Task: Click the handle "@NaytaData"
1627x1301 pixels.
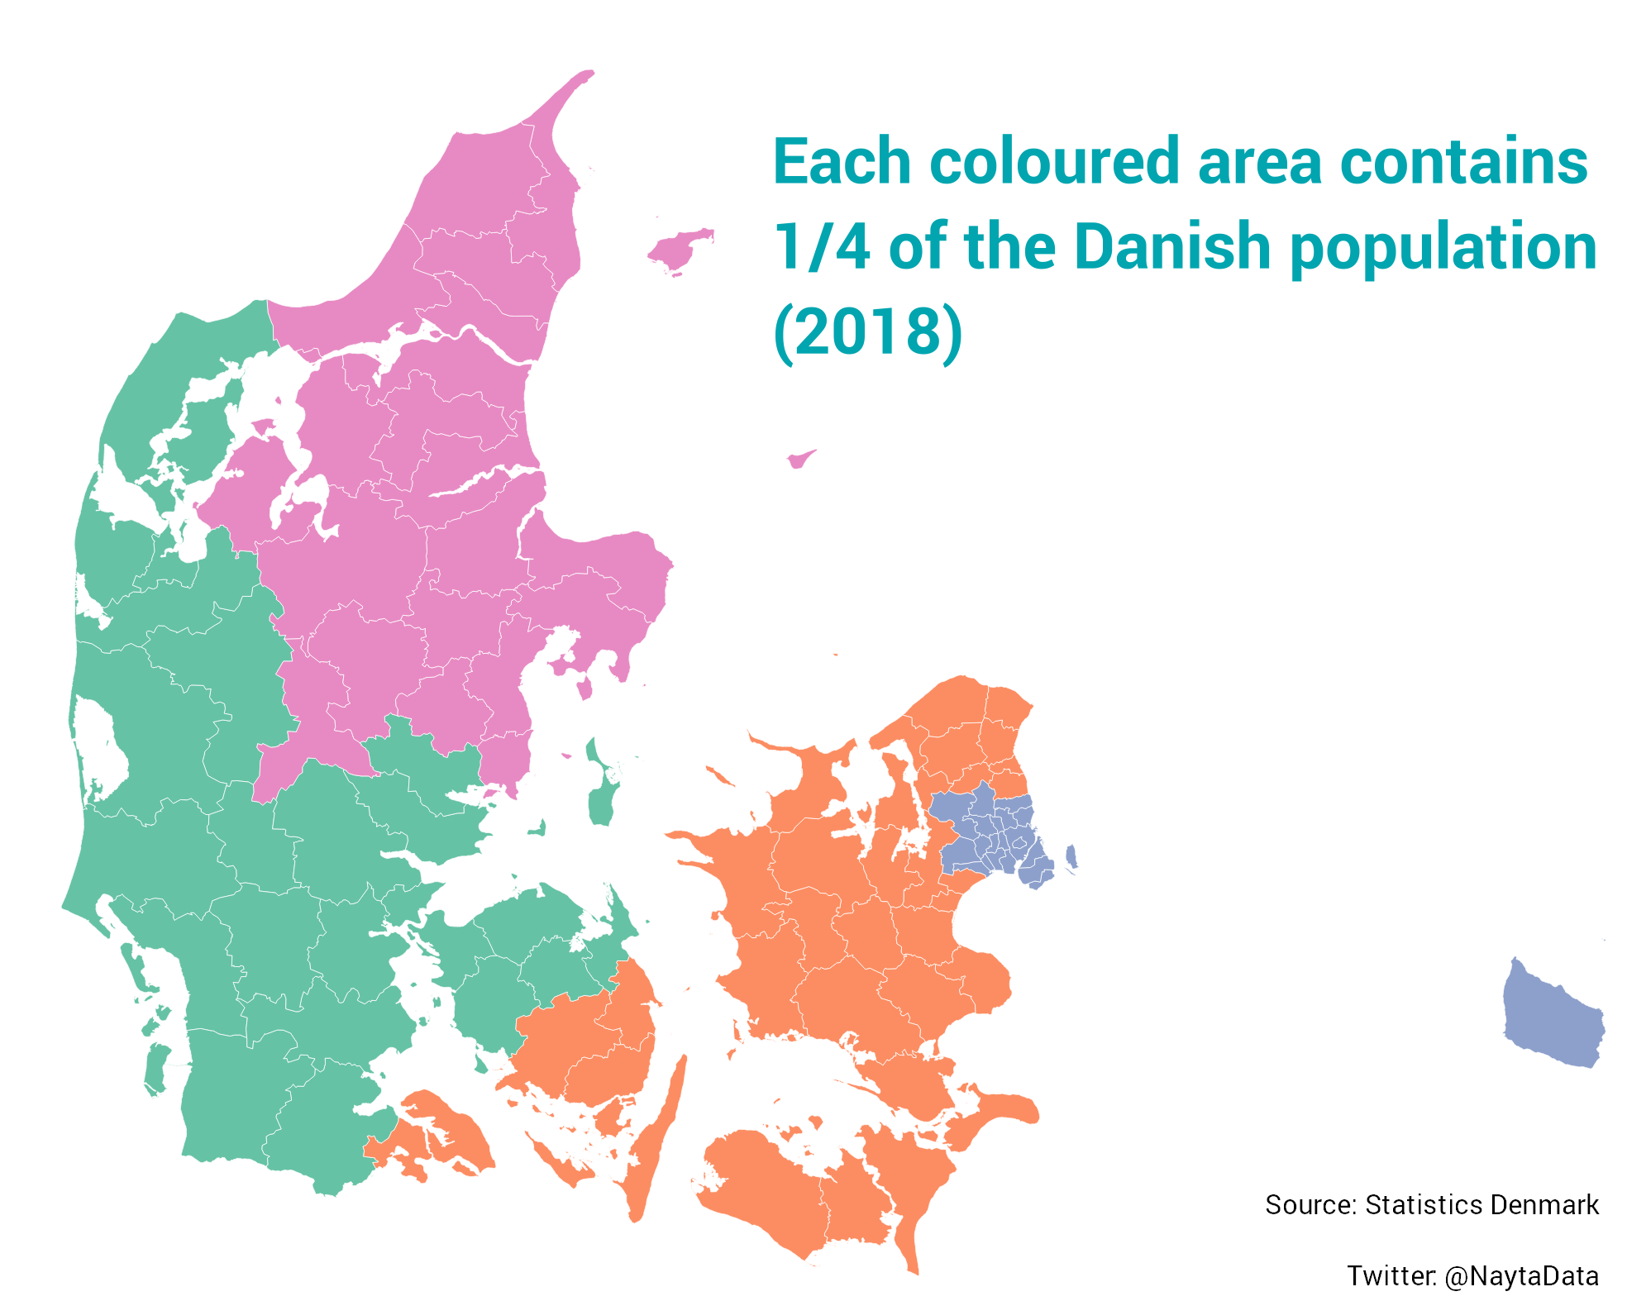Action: point(1521,1276)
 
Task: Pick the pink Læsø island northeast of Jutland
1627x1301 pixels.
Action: point(680,249)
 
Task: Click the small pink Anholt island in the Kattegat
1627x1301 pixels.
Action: point(799,459)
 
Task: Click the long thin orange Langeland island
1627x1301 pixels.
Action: point(658,1141)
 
